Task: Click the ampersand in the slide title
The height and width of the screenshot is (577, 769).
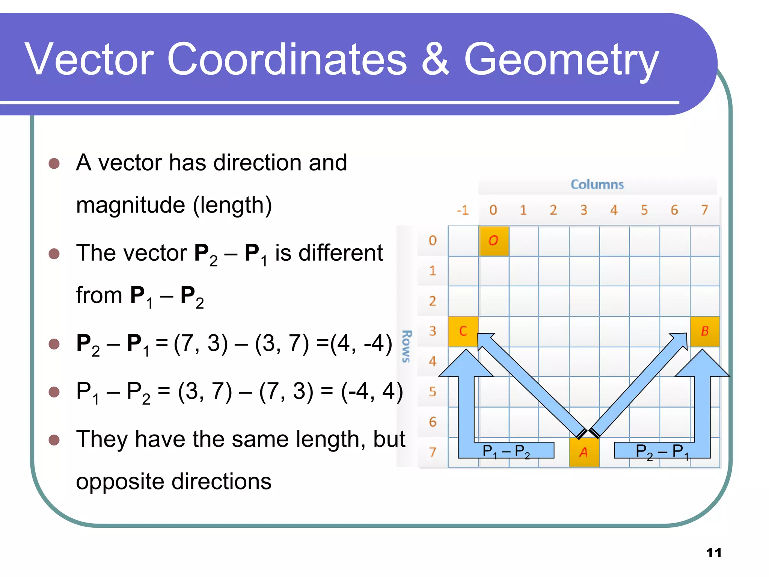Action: click(435, 59)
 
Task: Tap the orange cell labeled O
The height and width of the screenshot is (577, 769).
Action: click(493, 241)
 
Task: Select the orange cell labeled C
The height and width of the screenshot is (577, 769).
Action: click(463, 331)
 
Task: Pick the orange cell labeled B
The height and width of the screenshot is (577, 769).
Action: click(705, 331)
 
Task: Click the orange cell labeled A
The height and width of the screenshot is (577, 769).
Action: click(584, 452)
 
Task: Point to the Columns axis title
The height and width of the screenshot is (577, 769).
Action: click(597, 184)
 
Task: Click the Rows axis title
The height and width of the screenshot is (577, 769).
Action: click(406, 346)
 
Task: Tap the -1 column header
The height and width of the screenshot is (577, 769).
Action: click(463, 210)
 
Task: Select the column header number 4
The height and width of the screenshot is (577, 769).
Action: click(614, 210)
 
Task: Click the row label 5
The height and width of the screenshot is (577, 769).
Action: click(433, 392)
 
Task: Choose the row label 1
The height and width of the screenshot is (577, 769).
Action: click(433, 271)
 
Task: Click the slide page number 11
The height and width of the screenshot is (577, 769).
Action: click(713, 553)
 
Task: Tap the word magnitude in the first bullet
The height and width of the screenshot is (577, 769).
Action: click(131, 205)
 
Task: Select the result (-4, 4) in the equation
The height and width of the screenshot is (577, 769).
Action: click(372, 391)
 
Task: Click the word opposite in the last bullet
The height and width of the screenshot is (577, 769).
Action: click(120, 482)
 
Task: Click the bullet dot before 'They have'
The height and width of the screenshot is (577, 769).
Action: click(54, 440)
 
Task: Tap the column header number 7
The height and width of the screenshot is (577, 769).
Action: click(704, 210)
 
